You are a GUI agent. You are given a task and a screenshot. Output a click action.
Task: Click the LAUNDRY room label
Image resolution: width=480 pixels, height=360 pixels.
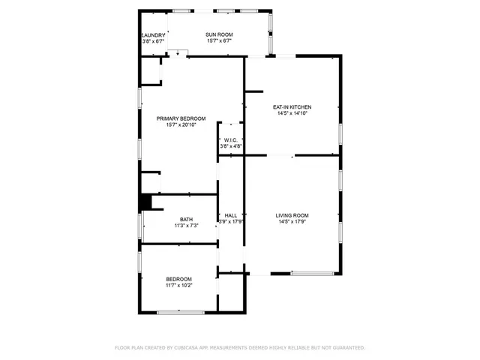(x=153, y=35)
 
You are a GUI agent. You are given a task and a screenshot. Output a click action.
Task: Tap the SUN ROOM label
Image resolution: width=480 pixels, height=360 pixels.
(x=220, y=35)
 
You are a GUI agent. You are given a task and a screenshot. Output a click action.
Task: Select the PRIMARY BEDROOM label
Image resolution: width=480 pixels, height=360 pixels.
(x=181, y=118)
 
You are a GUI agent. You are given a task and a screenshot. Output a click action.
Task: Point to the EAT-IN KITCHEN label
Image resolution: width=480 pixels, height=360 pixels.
(x=292, y=107)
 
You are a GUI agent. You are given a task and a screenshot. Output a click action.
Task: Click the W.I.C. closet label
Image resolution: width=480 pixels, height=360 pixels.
(x=231, y=140)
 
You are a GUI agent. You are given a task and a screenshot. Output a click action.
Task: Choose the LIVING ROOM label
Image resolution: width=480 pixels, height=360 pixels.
(x=293, y=215)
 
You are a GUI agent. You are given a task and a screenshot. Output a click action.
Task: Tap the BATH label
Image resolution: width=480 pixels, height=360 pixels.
(x=185, y=219)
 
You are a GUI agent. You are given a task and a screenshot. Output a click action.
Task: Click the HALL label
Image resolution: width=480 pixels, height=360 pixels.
(x=231, y=215)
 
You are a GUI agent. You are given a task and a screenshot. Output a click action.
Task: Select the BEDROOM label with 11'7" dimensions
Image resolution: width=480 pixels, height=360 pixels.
(x=179, y=279)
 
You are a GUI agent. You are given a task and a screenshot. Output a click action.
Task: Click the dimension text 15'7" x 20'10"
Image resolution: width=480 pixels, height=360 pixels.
(x=181, y=124)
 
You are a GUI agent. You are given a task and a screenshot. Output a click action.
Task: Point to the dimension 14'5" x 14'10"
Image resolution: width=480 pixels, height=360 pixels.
(x=292, y=113)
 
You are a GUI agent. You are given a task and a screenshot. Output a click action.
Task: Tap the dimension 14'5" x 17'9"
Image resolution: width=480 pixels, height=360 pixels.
(x=293, y=221)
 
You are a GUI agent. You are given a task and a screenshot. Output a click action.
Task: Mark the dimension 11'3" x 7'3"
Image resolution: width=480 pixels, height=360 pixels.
(x=185, y=225)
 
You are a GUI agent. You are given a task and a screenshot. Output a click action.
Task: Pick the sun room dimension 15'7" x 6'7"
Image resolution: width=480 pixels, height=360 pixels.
(x=220, y=41)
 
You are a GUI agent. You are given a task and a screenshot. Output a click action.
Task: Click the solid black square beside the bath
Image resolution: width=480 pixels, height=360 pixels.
(x=145, y=202)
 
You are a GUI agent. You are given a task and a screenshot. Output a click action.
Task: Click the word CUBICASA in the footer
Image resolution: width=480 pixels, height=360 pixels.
(x=192, y=348)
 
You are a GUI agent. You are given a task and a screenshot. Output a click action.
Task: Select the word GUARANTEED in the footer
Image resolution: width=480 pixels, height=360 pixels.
(x=346, y=348)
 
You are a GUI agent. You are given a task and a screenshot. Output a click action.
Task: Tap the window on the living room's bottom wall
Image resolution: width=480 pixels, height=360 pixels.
(x=311, y=274)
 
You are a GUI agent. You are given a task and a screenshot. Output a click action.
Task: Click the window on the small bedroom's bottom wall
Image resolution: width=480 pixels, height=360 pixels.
(x=180, y=311)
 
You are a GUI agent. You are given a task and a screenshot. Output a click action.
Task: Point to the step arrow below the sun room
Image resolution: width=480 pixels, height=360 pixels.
(x=178, y=52)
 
